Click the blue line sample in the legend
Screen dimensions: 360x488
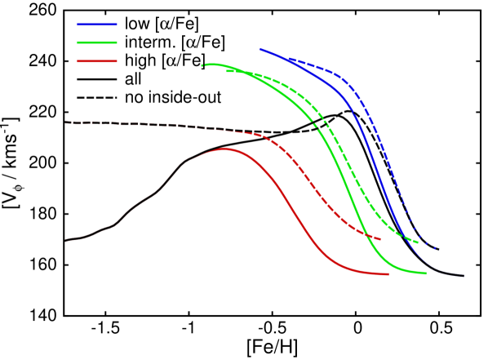(97, 24)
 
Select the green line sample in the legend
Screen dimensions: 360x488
(97, 42)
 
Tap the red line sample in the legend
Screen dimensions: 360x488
(97, 61)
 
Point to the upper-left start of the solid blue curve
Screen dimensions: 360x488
(260, 49)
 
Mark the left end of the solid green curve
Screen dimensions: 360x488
(202, 65)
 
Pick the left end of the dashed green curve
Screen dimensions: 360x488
(228, 71)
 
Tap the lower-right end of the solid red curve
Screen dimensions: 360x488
(388, 274)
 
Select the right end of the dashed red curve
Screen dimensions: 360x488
(380, 239)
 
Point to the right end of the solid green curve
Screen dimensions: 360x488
(426, 273)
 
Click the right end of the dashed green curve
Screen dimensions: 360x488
(418, 242)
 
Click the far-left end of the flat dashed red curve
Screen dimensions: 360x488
(66, 122)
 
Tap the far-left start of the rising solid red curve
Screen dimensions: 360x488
(66, 241)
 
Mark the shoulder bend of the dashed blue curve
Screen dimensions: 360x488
(347, 81)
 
